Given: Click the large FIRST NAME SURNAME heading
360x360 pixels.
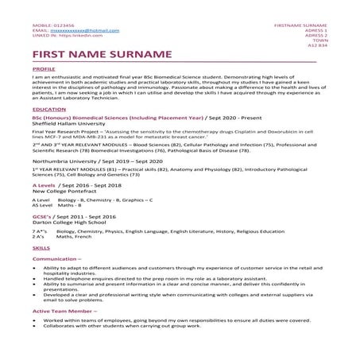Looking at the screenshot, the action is coord(102,55).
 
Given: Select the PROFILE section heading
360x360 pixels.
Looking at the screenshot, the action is coord(44,70).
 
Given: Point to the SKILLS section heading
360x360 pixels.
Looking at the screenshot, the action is coord(41,249).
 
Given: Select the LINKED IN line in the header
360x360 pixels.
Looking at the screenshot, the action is coord(64,36).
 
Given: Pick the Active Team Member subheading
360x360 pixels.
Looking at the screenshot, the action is coord(63,311).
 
